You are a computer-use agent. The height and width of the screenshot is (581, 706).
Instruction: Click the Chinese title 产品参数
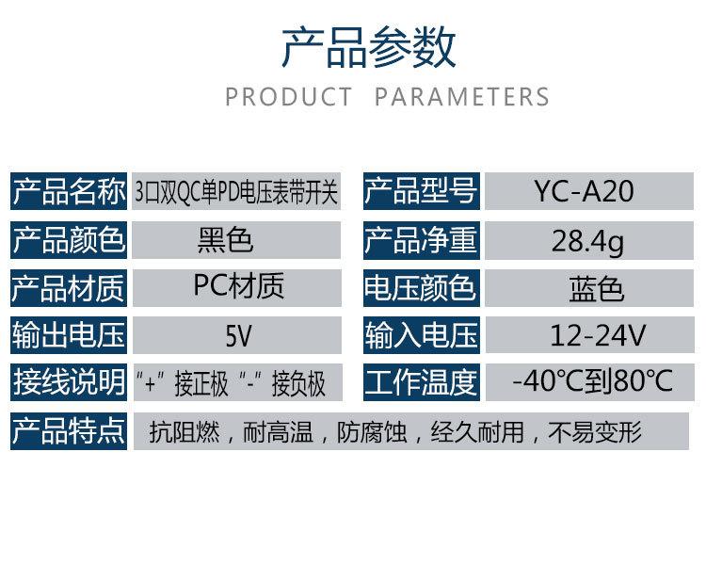pyautogui.click(x=369, y=47)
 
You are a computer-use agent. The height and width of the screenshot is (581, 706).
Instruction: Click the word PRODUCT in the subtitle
pyautogui.click(x=288, y=97)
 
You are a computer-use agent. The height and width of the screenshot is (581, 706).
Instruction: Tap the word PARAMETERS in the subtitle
pyautogui.click(x=462, y=97)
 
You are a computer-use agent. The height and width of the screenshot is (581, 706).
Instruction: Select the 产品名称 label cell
pyautogui.click(x=69, y=191)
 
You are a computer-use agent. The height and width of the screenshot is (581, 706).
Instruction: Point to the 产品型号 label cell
pyautogui.click(x=422, y=191)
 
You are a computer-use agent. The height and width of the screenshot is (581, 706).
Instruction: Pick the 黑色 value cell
pyautogui.click(x=236, y=239)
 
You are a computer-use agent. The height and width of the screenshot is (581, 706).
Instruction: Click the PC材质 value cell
pyautogui.click(x=237, y=288)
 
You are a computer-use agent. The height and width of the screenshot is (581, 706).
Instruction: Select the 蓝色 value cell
pyautogui.click(x=589, y=288)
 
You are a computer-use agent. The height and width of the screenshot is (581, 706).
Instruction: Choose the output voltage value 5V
pyautogui.click(x=237, y=335)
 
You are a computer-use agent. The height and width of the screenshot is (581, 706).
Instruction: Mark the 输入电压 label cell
pyautogui.click(x=422, y=335)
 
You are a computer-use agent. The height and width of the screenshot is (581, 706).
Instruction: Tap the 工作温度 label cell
pyautogui.click(x=422, y=382)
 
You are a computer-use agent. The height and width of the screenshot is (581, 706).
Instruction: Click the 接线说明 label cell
pyautogui.click(x=69, y=382)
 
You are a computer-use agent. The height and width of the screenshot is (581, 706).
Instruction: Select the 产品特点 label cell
pyautogui.click(x=69, y=431)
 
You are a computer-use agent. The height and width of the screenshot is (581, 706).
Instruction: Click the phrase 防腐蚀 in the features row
pyautogui.click(x=372, y=432)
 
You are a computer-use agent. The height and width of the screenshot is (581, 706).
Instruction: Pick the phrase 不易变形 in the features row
pyautogui.click(x=595, y=432)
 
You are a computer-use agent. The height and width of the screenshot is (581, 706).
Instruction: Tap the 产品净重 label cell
pyautogui.click(x=422, y=239)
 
